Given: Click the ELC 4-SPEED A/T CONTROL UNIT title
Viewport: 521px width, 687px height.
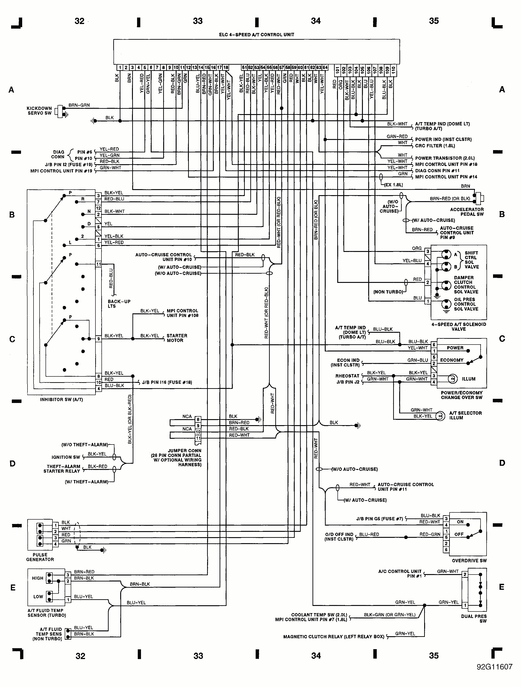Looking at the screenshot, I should pyautogui.click(x=257, y=34).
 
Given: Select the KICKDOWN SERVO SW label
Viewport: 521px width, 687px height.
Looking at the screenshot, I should pyautogui.click(x=39, y=111).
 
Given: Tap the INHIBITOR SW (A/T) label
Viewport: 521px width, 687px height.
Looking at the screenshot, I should pyautogui.click(x=61, y=400).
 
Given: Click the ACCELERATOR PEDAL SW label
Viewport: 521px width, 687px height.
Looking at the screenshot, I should pyautogui.click(x=467, y=212).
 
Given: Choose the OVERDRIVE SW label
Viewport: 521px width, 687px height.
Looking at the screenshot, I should pyautogui.click(x=469, y=561).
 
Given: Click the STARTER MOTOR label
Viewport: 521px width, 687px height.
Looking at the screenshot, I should pyautogui.click(x=177, y=338).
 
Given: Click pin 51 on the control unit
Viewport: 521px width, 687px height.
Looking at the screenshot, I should pyautogui.click(x=244, y=67).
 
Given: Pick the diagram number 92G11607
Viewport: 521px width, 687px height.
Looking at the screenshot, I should pyautogui.click(x=494, y=675).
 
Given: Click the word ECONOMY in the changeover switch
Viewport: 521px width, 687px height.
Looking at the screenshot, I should pyautogui.click(x=452, y=360).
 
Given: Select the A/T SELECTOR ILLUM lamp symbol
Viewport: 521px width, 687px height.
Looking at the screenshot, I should pyautogui.click(x=440, y=416).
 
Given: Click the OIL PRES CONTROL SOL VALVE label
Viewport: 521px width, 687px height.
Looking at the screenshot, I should pyautogui.click(x=466, y=304).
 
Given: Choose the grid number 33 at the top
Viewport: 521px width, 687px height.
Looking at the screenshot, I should pyautogui.click(x=198, y=21).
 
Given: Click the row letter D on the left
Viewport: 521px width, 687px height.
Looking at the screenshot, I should pyautogui.click(x=12, y=464).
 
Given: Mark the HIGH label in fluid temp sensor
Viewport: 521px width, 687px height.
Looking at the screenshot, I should pyautogui.click(x=38, y=578).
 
